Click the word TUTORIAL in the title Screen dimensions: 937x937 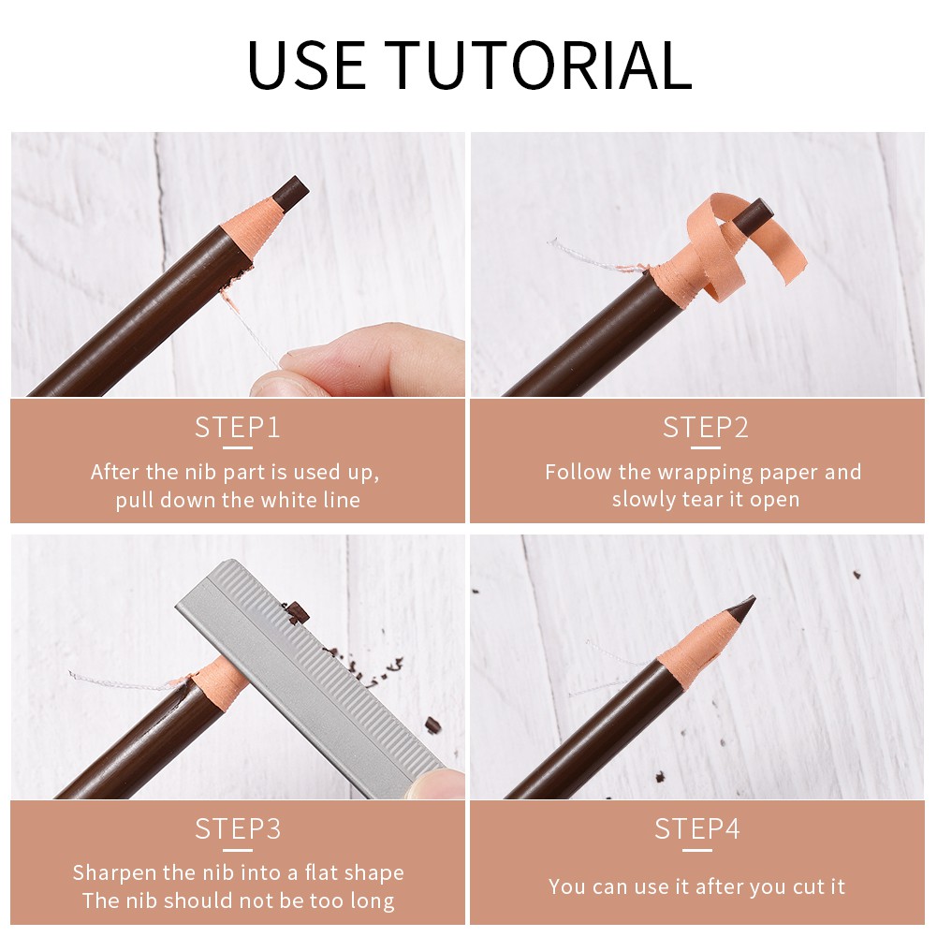(x=542, y=65)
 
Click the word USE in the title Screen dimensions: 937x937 (x=306, y=65)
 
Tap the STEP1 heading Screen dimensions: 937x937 (x=237, y=427)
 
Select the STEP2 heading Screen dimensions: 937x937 (x=705, y=427)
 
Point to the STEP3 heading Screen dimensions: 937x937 (x=238, y=828)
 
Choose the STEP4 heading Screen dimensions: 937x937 (x=696, y=828)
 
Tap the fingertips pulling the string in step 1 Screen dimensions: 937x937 (x=359, y=361)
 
